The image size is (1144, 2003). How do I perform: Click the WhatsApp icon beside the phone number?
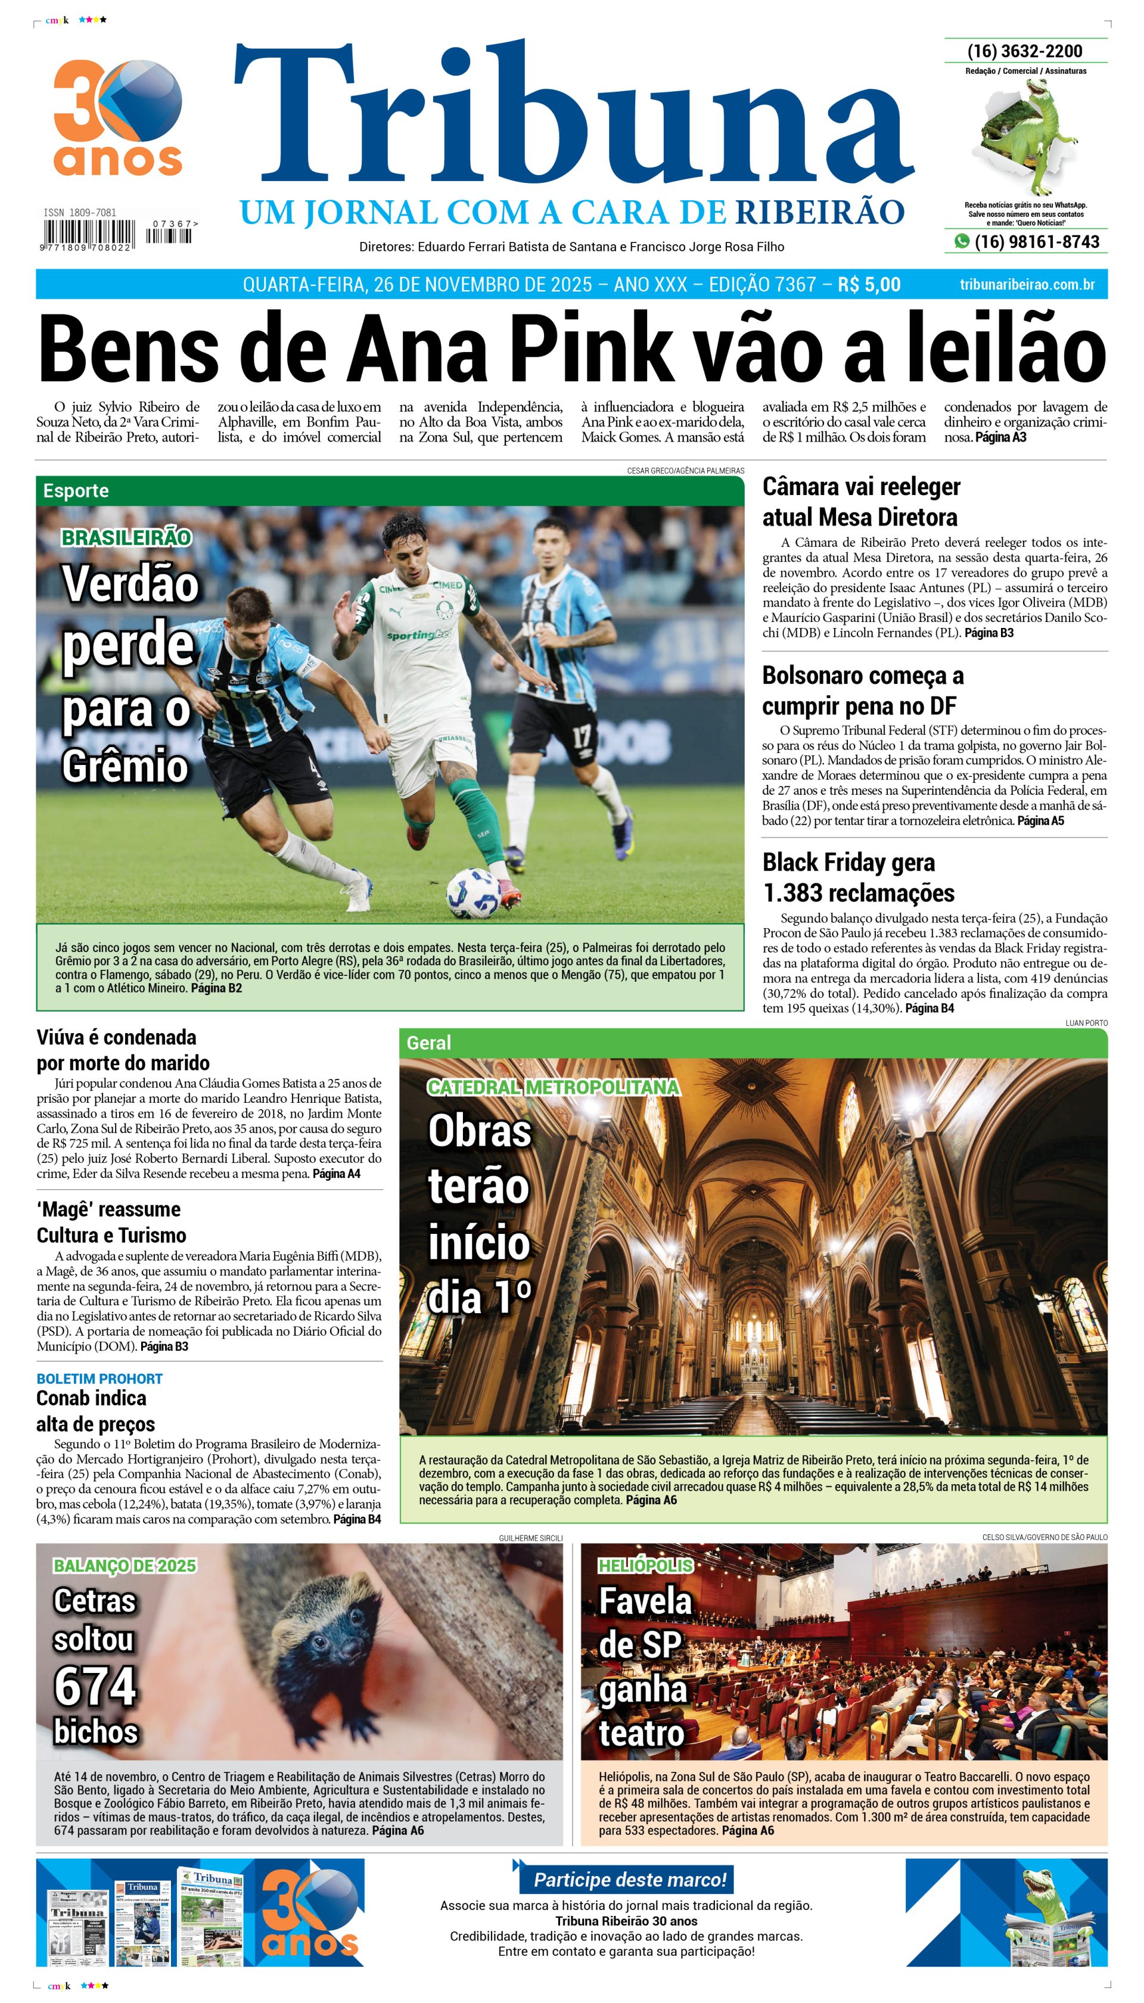(961, 241)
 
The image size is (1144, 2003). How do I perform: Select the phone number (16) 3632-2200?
(1025, 51)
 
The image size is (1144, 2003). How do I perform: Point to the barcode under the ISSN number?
(88, 234)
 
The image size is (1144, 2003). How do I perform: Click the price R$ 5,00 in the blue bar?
(869, 284)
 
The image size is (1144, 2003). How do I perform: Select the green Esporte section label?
(76, 491)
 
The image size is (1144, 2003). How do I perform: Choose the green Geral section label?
(429, 1043)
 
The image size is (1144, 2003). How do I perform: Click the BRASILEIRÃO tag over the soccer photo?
(126, 537)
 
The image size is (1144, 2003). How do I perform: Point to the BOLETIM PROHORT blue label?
(99, 1379)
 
